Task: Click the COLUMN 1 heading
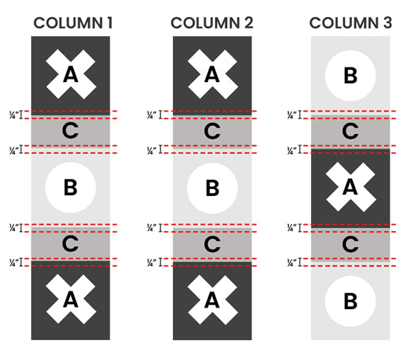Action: click(74, 23)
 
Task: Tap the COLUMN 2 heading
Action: click(212, 23)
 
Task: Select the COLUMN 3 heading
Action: click(351, 23)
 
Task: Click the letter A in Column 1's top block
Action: click(71, 74)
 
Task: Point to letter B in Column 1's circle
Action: click(71, 187)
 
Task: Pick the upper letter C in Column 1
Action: click(70, 131)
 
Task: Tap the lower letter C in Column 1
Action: click(70, 243)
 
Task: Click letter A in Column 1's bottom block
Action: click(71, 300)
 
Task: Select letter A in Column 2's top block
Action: click(212, 74)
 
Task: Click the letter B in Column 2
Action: click(213, 188)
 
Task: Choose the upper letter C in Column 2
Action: click(212, 131)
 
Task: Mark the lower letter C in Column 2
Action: click(212, 244)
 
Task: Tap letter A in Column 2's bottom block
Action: click(212, 301)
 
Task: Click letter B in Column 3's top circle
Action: click(351, 76)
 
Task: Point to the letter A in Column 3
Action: click(350, 187)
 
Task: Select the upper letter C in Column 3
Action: click(350, 131)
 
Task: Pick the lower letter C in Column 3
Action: click(350, 244)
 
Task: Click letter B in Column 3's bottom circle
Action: click(351, 301)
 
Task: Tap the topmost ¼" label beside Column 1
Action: click(14, 115)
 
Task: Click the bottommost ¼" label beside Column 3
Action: click(292, 263)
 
